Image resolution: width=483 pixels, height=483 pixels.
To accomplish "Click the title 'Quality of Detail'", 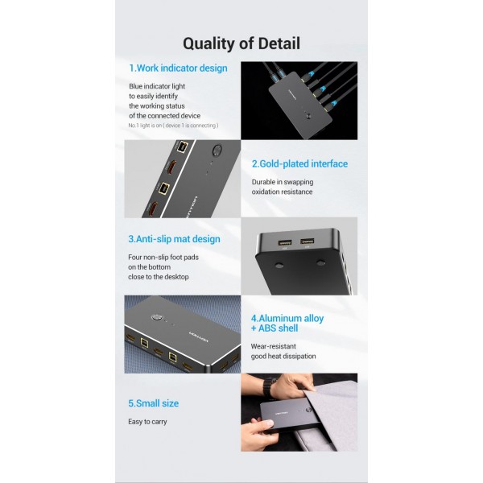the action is click(x=242, y=43).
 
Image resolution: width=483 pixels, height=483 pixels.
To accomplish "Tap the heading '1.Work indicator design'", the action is click(x=178, y=68).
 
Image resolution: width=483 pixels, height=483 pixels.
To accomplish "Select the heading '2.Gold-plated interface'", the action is click(x=299, y=164).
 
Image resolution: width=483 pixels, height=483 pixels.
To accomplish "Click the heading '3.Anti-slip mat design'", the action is click(x=175, y=239).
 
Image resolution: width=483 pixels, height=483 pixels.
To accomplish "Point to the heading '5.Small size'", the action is click(x=154, y=403).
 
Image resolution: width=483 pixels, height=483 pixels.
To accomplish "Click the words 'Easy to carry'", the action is click(x=147, y=422).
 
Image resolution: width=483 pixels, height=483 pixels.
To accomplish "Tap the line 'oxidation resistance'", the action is click(x=282, y=192).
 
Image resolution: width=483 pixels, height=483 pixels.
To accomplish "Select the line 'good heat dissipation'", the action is click(x=283, y=357).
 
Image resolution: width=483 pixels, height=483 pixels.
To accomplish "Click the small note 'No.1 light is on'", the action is click(x=145, y=126).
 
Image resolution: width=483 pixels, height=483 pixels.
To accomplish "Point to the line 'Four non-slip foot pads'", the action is click(x=163, y=258).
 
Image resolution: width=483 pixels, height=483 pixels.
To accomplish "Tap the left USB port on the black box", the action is click(x=285, y=242).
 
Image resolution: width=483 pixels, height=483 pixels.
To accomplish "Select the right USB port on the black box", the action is click(x=308, y=241).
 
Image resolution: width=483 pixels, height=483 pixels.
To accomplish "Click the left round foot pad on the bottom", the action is click(x=279, y=265).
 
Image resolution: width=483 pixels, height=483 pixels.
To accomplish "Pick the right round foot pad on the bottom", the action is click(x=320, y=262).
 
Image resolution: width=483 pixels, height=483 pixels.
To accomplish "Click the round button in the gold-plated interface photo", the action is click(x=217, y=150).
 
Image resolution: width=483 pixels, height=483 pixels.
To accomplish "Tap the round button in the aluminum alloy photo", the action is click(x=157, y=318).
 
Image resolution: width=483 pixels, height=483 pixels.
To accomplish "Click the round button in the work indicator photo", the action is click(x=308, y=116).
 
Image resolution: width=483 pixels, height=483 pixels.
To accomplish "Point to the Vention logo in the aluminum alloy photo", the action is click(x=199, y=336).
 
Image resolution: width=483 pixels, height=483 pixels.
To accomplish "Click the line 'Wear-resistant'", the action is click(x=273, y=346).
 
